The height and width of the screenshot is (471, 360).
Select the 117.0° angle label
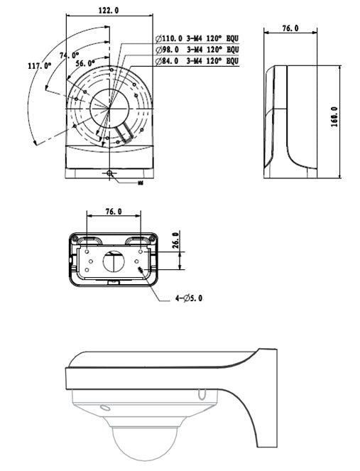40,65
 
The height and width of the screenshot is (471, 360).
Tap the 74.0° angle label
69,55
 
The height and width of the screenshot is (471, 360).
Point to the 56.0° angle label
84,63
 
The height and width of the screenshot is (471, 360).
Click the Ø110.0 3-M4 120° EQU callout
195,38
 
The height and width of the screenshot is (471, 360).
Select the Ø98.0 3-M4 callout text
195,50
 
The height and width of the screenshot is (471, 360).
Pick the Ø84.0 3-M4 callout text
195,62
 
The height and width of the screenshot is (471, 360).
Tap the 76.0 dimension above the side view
290,28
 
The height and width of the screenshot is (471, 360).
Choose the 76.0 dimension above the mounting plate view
112,211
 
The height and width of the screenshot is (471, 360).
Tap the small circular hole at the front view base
109,173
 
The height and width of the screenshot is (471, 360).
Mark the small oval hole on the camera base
104,408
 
